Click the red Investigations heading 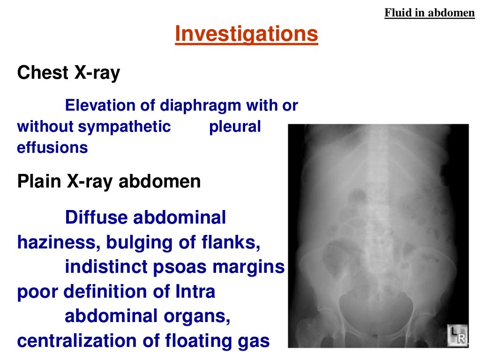[247, 34]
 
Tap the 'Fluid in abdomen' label [429, 13]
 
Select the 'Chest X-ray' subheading [68, 73]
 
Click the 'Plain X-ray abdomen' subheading [109, 181]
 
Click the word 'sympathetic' [125, 127]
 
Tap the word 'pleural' [235, 127]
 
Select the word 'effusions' [52, 148]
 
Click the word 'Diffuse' [96, 217]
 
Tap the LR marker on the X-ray [456, 337]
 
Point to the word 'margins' [248, 267]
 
